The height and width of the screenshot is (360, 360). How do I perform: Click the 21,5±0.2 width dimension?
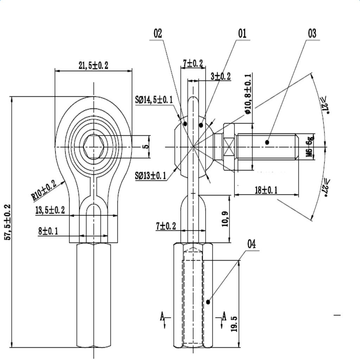click(93, 65)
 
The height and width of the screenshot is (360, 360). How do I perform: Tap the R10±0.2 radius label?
click(44, 190)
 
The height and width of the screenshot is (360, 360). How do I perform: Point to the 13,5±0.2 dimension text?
click(50, 210)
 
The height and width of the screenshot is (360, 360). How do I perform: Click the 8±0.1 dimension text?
click(48, 231)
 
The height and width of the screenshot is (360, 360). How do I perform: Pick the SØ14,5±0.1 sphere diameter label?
click(154, 100)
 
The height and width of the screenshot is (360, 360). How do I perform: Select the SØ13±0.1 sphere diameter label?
click(150, 176)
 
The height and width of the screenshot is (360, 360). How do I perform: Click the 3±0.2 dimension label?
click(221, 76)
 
